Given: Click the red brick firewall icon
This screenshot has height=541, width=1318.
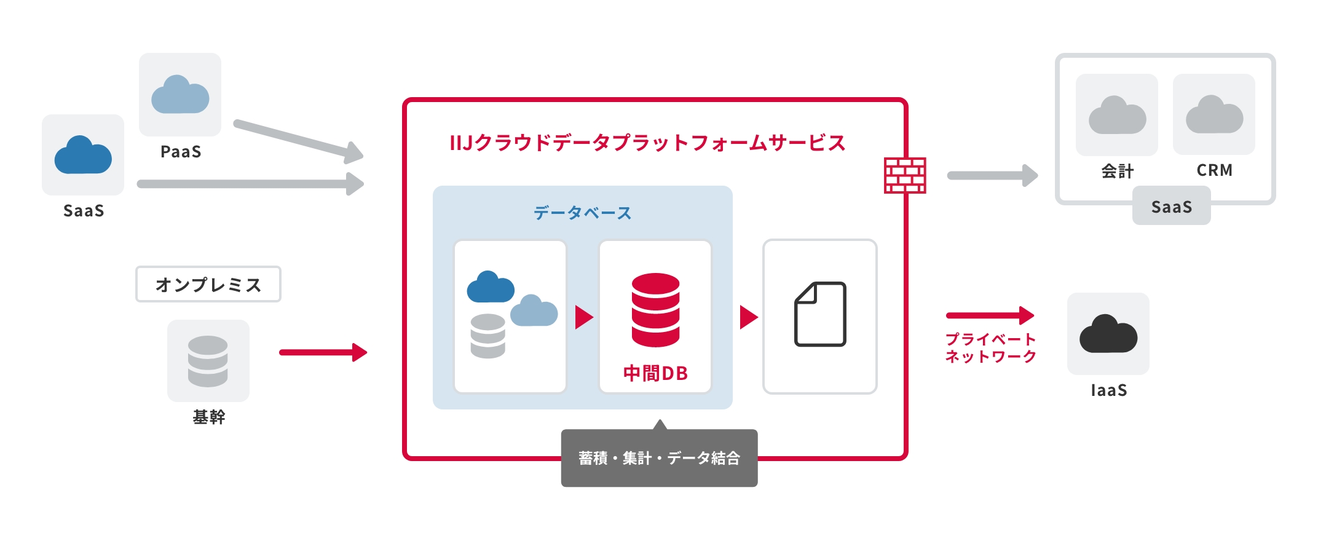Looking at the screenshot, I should [x=905, y=175].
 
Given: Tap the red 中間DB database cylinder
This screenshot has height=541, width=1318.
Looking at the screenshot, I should [x=655, y=310].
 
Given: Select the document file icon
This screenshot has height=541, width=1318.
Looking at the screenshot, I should [x=820, y=315].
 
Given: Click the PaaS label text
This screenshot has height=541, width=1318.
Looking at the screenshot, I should [x=181, y=152].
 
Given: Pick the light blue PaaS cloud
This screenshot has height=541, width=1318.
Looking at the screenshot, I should [x=180, y=95].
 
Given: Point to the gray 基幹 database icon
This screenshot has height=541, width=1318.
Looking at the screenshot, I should [x=208, y=361].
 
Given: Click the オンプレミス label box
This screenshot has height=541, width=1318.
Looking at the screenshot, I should [x=208, y=284].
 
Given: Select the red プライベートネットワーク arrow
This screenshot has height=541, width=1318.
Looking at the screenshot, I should [x=990, y=315].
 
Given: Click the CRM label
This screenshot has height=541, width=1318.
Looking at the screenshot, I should [x=1214, y=170].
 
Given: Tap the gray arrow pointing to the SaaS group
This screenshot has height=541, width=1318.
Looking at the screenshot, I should [x=992, y=176].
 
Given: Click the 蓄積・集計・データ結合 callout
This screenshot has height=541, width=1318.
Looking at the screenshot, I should [x=659, y=458].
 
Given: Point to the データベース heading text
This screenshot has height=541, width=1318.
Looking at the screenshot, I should [x=582, y=213].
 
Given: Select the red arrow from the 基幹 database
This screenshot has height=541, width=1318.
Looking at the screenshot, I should [x=323, y=352].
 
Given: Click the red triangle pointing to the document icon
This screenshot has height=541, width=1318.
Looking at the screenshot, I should [x=748, y=317].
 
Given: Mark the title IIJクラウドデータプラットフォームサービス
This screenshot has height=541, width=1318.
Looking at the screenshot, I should [x=647, y=143].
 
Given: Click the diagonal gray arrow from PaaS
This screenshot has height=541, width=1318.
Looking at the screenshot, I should [x=298, y=139].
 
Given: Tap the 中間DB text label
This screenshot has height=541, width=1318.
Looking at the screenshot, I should [x=655, y=373].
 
